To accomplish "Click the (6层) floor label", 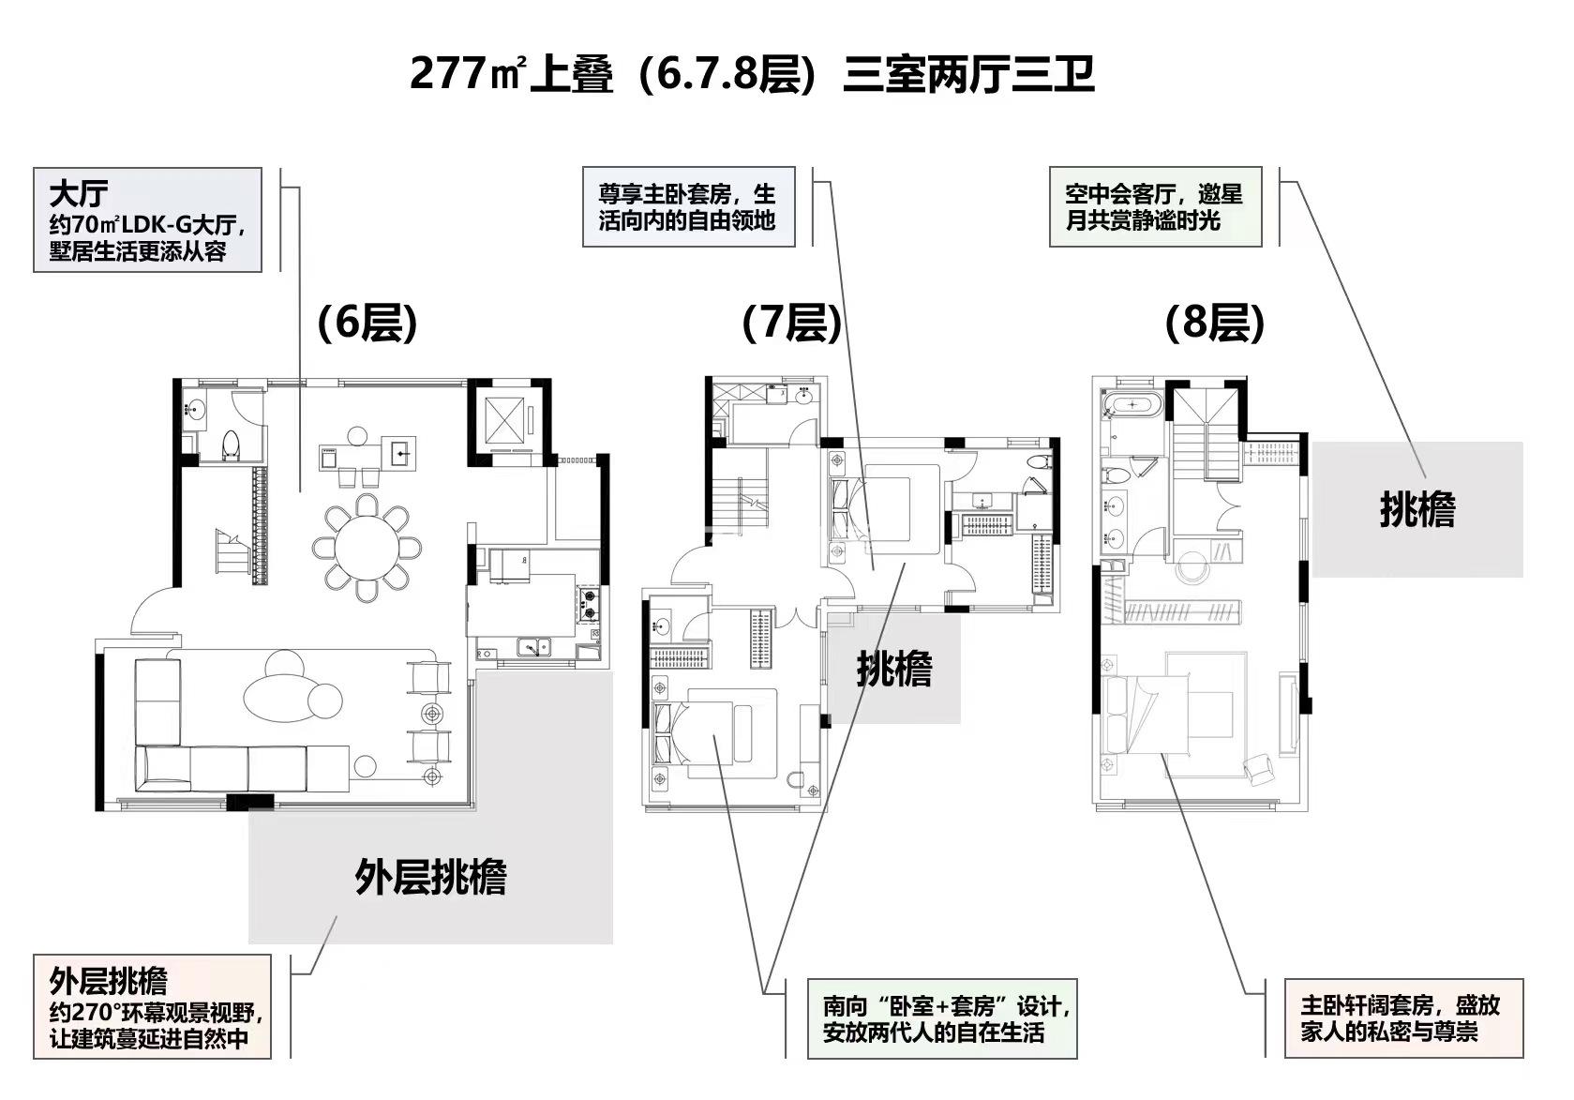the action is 367,324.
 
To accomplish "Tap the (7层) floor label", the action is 792,324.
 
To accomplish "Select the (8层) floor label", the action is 1215,324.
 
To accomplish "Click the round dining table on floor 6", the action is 367,548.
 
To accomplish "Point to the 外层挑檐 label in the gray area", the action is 430,877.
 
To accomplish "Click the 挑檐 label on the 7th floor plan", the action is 893,669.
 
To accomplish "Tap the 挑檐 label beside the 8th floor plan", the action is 1417,509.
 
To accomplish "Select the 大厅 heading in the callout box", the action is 79,193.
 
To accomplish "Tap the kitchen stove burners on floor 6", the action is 590,605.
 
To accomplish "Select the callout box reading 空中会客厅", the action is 1155,206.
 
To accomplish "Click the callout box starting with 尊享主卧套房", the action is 689,206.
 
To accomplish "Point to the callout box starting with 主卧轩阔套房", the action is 1403,1017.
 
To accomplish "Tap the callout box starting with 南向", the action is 941,1018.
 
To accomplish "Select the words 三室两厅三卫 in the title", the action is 968,74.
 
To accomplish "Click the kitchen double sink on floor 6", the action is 534,646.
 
